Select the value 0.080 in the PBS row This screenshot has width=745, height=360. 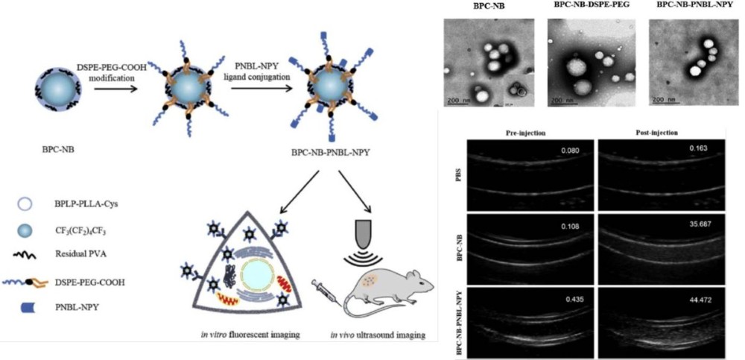[570, 151]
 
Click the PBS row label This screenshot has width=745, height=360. [456, 177]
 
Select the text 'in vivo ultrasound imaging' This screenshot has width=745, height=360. [378, 335]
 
